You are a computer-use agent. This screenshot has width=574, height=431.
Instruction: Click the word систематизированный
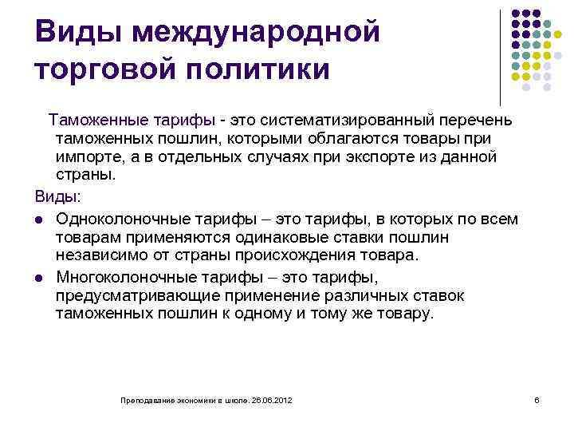[342, 120]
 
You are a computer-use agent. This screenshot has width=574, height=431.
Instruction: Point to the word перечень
[477, 120]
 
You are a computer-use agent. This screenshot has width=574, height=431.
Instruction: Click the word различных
[375, 295]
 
